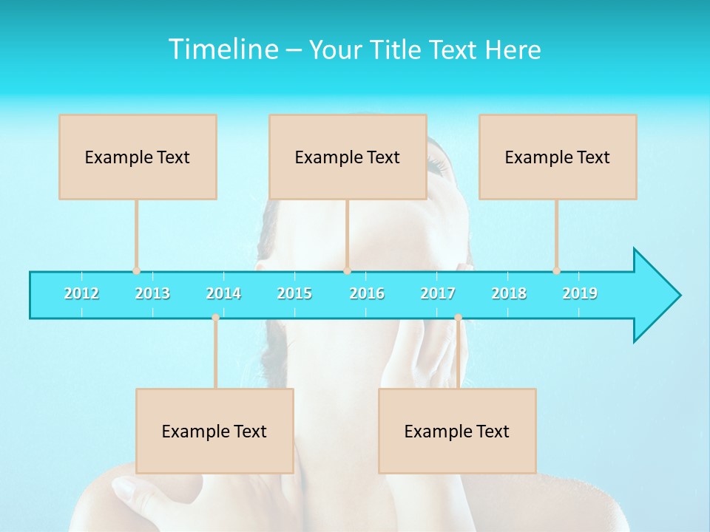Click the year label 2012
(81, 293)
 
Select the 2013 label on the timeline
(152, 293)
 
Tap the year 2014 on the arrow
(223, 293)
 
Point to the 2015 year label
(294, 293)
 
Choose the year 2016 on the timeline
(367, 293)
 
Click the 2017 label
(438, 293)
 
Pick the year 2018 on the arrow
(509, 293)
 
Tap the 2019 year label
(580, 293)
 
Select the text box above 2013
(138, 157)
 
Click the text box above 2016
(348, 157)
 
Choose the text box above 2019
(558, 157)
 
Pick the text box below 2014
(214, 431)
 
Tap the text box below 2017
(457, 431)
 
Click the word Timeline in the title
(222, 50)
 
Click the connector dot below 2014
(215, 318)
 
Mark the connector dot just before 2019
(556, 270)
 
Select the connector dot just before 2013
(136, 270)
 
